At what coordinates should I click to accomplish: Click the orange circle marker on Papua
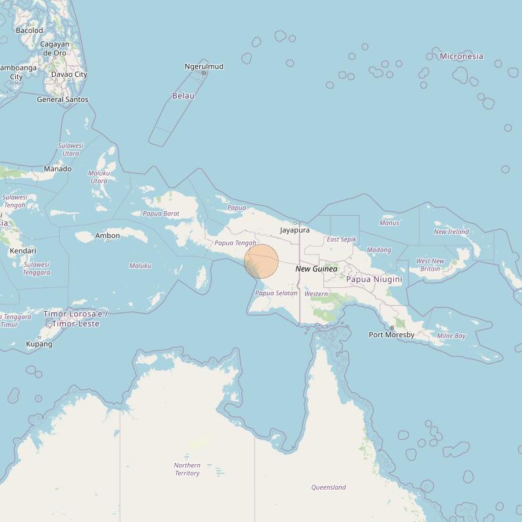262,261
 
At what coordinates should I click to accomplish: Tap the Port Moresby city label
392,335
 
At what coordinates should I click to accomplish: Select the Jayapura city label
295,230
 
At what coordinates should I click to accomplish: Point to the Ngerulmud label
204,66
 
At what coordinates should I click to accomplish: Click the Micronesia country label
462,56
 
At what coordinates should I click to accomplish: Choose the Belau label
183,95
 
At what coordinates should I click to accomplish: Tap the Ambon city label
108,235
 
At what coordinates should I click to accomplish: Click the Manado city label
58,169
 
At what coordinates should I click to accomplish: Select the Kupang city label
39,344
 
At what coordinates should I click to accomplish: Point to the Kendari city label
23,250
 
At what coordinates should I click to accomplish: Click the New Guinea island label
316,269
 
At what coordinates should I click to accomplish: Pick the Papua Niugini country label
374,279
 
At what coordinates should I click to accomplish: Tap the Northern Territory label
187,469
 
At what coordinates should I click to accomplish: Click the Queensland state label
329,487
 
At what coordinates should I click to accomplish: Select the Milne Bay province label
451,335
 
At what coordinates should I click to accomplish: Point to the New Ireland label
452,231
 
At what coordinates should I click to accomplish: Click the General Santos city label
62,99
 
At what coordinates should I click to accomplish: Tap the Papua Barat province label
161,213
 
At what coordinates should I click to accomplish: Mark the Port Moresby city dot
392,327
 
